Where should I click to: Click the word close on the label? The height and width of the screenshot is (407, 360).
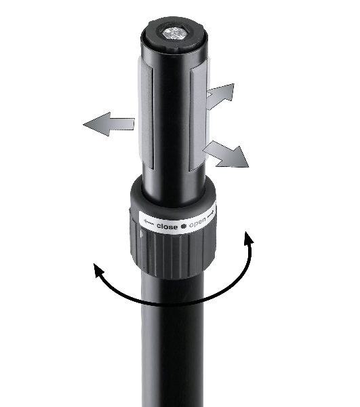[x=167, y=227]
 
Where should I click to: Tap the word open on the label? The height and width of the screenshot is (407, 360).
[x=197, y=222]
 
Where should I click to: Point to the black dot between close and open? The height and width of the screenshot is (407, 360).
[x=184, y=226]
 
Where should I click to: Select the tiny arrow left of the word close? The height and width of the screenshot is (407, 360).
[x=149, y=222]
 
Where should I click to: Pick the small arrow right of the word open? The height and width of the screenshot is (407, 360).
[x=212, y=214]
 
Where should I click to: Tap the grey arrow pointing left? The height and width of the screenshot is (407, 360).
[x=108, y=124]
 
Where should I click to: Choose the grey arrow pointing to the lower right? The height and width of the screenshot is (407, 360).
[x=226, y=155]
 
